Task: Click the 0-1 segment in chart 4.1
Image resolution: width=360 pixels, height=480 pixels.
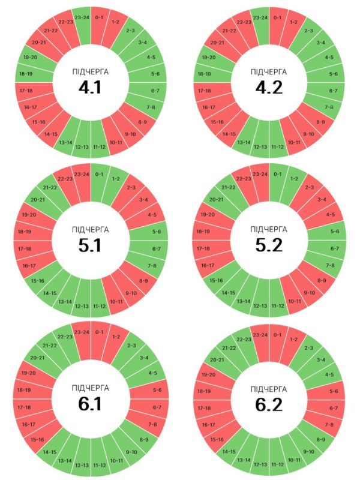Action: pos(99,18)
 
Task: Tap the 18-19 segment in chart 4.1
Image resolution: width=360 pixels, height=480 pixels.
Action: pos(26,73)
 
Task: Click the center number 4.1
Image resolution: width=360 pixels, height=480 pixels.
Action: pos(91,88)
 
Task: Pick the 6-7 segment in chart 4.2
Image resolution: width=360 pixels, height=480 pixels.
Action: pos(333,90)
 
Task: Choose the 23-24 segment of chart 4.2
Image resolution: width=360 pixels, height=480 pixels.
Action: pos(260,18)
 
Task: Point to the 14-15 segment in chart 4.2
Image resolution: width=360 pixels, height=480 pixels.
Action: pos(229,134)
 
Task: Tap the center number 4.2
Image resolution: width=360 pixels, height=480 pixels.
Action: pos(269,88)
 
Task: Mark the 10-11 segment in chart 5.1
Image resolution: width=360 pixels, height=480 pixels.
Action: pos(116,301)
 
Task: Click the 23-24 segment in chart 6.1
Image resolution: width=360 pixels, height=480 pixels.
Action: pos(82,332)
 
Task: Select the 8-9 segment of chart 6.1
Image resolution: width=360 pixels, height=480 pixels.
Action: pos(143,440)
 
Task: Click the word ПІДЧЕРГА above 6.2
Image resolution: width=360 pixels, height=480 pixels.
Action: pos(269,387)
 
